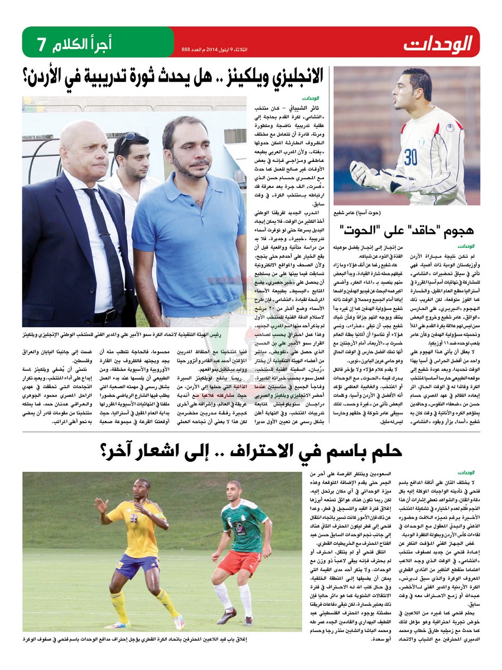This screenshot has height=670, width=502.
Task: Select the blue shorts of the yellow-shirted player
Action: pyautogui.click(x=136, y=566)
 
